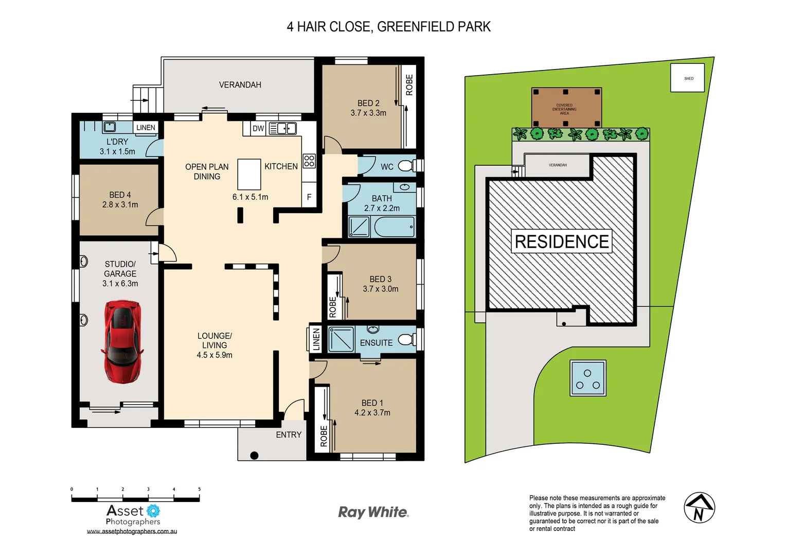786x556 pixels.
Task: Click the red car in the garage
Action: [x=122, y=342]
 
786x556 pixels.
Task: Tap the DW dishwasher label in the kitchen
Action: [x=258, y=128]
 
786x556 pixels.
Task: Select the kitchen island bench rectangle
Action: [x=249, y=175]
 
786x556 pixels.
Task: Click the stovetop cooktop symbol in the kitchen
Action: [x=309, y=161]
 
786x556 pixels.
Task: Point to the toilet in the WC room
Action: [x=406, y=166]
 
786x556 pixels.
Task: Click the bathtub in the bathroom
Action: [x=394, y=227]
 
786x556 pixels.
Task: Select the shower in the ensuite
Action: [x=341, y=339]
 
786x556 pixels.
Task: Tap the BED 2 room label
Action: [x=368, y=103]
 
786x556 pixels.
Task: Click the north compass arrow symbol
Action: [x=699, y=508]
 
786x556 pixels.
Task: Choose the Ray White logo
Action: [x=373, y=512]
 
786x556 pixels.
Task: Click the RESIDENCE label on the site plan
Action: [x=562, y=241]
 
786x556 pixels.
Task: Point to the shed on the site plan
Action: [x=687, y=78]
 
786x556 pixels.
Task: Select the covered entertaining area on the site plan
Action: [x=566, y=107]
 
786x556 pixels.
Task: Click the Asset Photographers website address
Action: [x=132, y=531]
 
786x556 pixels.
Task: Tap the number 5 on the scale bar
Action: [x=199, y=489]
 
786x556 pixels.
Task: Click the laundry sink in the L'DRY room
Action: [x=110, y=127]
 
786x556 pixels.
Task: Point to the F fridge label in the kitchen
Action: [x=309, y=197]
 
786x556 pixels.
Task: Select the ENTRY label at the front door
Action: [x=289, y=435]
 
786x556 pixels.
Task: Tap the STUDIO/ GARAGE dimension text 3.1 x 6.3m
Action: [x=120, y=284]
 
